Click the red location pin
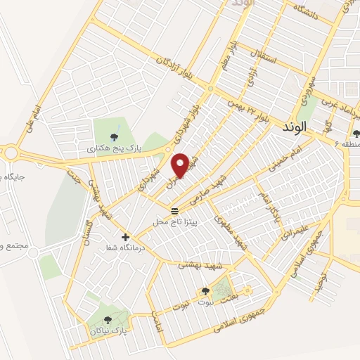tap(181, 165)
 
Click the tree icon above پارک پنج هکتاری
tap(116, 136)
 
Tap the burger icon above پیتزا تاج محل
tap(174, 210)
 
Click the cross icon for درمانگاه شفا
tap(126, 238)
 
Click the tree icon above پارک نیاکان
tap(108, 319)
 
